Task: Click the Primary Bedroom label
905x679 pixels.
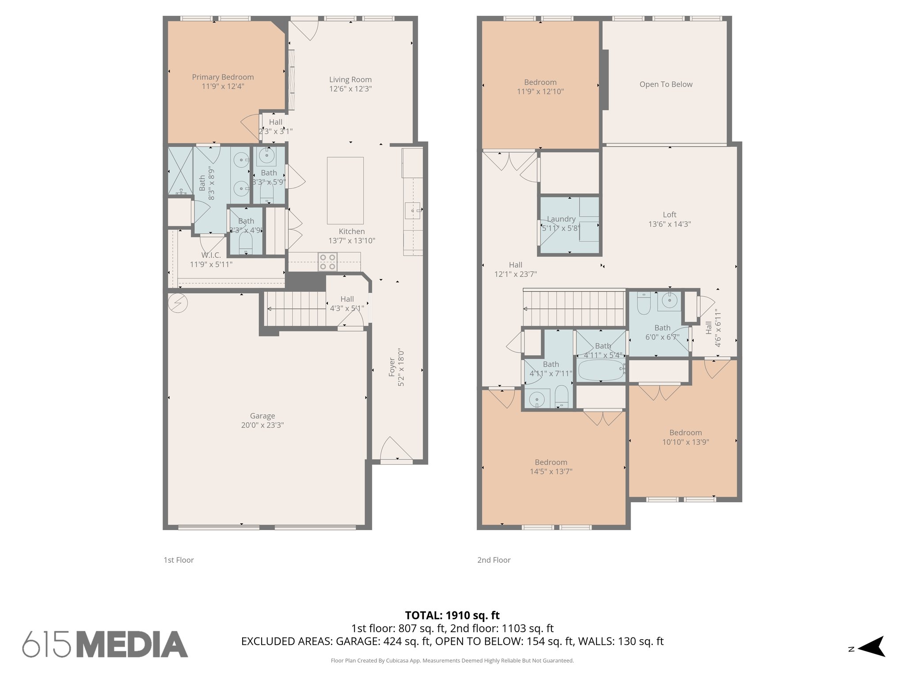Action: click(223, 77)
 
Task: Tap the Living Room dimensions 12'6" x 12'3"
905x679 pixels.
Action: click(350, 89)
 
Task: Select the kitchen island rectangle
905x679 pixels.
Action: click(345, 191)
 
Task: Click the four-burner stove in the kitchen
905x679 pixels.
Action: click(327, 262)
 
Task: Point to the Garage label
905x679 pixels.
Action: click(262, 416)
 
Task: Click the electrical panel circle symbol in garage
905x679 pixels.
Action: click(178, 303)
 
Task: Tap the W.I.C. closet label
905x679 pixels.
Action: click(211, 255)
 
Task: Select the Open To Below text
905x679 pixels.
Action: click(665, 84)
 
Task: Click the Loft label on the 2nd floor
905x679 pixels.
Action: click(669, 214)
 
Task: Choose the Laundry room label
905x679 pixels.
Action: click(561, 219)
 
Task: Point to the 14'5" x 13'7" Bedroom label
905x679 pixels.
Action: click(551, 462)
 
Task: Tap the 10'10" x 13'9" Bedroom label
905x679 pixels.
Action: click(685, 433)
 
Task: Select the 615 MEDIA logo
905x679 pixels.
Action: click(105, 644)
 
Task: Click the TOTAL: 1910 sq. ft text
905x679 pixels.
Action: click(452, 615)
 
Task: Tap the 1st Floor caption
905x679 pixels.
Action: click(179, 560)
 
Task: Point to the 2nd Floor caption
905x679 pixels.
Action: click(494, 560)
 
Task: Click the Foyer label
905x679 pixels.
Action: click(392, 367)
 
